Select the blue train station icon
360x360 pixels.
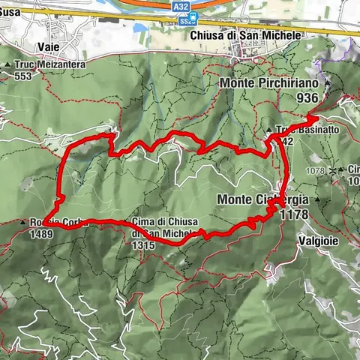click(193, 16)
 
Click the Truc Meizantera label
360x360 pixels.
click(50, 64)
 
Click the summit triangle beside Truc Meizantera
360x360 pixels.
click(8, 64)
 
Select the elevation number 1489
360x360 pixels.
click(42, 234)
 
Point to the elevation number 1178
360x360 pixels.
click(293, 214)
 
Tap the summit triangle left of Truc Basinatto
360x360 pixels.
click(269, 130)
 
